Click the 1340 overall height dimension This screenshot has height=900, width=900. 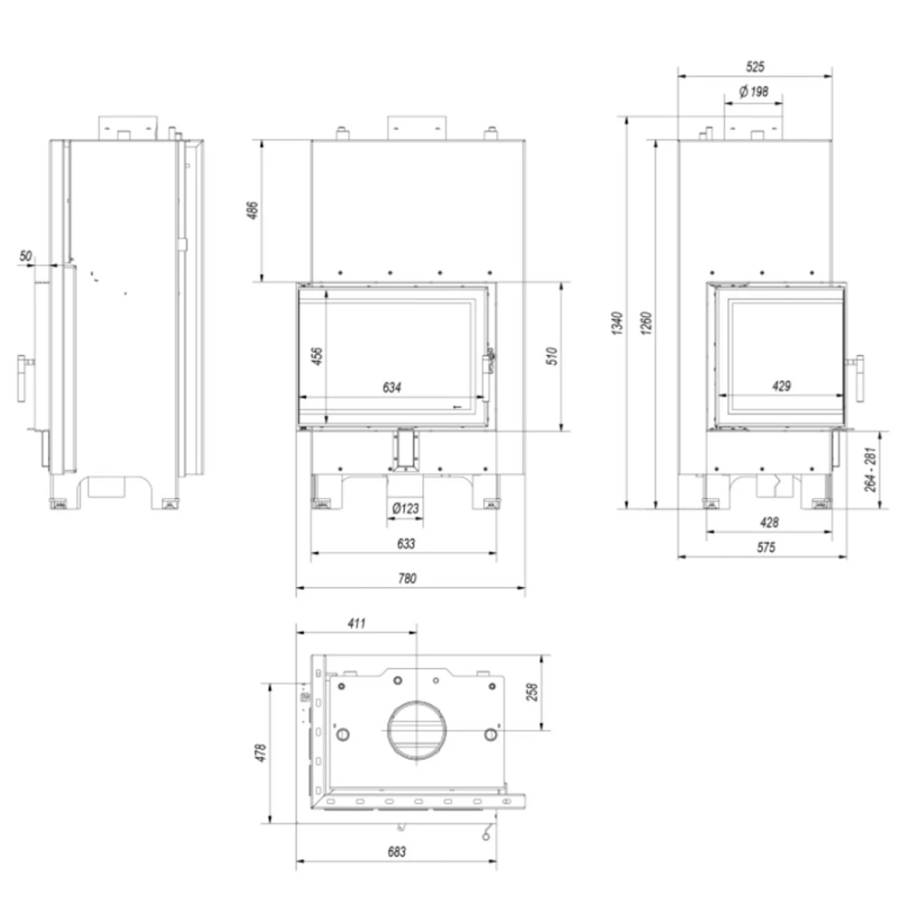click(x=617, y=323)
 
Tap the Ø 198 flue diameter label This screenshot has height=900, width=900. click(x=754, y=91)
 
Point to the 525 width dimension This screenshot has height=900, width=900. click(x=755, y=67)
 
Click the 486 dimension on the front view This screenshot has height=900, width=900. click(x=252, y=211)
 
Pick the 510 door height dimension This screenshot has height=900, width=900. click(x=552, y=356)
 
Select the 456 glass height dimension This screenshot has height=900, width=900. click(x=317, y=356)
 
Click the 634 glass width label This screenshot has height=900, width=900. click(x=392, y=387)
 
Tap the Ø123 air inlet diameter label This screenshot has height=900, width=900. click(x=406, y=508)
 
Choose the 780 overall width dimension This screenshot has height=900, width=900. click(x=407, y=579)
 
